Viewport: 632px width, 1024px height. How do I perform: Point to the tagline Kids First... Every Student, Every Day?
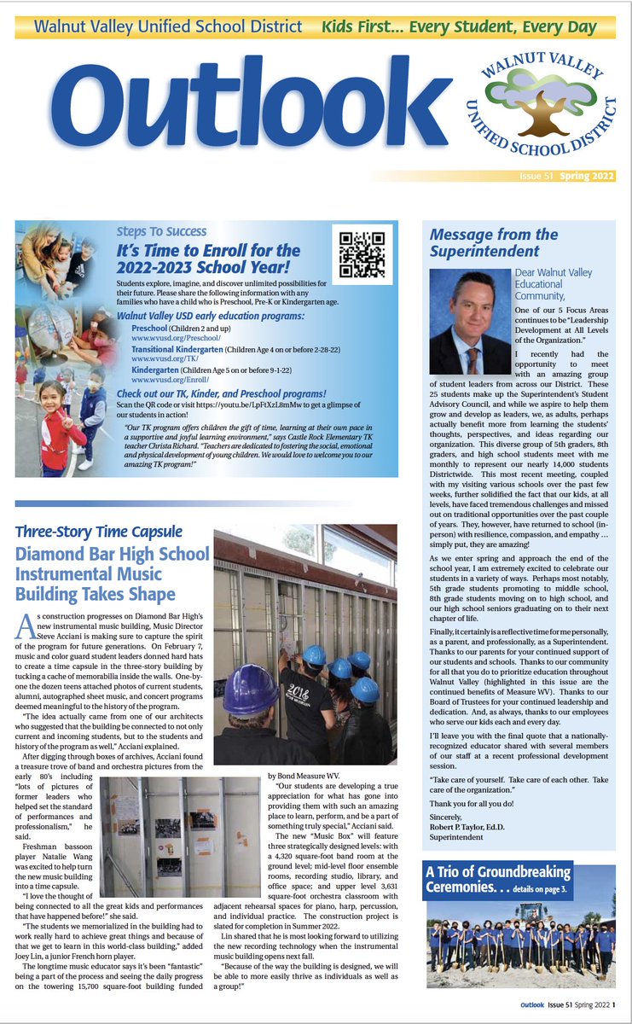tap(459, 26)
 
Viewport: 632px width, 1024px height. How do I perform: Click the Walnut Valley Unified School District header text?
tap(167, 26)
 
